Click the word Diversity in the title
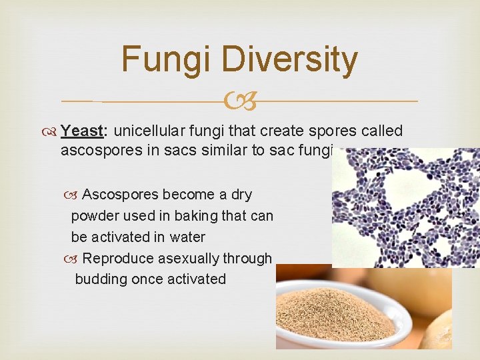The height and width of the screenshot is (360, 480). (291, 59)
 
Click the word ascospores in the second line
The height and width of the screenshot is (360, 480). (98, 151)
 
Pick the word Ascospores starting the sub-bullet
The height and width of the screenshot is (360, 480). (120, 195)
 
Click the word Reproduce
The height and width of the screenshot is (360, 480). (115, 258)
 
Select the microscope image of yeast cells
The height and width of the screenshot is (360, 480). (405, 207)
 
